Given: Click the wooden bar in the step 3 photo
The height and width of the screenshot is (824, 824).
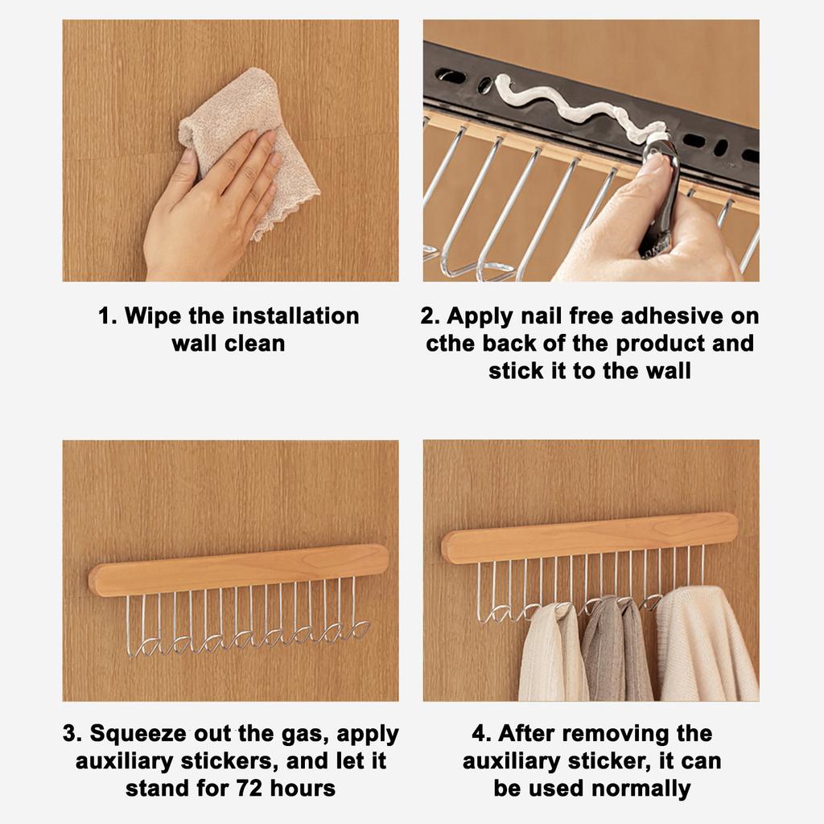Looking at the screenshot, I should click(238, 570).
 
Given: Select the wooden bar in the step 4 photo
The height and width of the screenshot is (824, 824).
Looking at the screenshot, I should click(589, 537).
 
